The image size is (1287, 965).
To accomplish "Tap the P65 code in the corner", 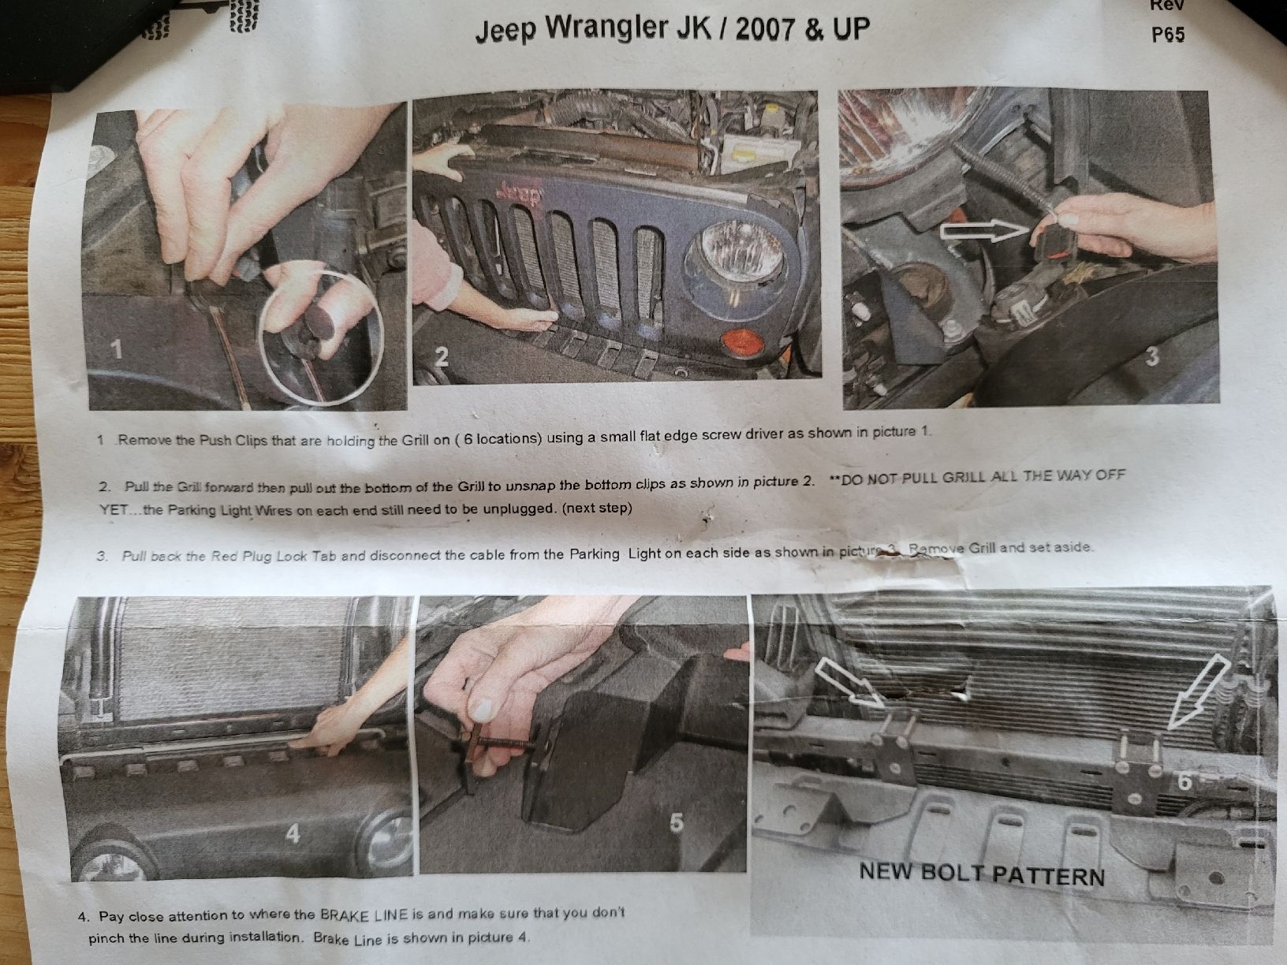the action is coord(1168,35).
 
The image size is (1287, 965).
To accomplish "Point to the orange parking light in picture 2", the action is coord(742,342).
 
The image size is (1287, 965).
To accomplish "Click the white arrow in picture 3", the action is coord(984,232).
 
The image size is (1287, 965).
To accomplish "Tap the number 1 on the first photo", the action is coord(118,350).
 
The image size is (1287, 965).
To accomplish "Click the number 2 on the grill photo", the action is coord(441,356).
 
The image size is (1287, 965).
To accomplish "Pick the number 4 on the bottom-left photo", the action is coord(293,833).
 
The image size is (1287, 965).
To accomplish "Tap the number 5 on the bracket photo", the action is coord(676,822).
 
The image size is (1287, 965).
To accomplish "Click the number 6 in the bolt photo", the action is coord(1184,781).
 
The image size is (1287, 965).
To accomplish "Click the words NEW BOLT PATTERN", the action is coord(982,874).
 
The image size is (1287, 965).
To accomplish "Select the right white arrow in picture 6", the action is coord(1199,692).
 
